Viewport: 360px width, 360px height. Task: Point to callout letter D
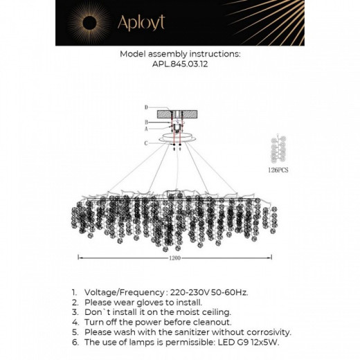point(146,107)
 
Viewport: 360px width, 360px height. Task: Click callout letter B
point(146,120)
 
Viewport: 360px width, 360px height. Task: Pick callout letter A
point(146,129)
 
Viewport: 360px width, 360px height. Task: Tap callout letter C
point(146,143)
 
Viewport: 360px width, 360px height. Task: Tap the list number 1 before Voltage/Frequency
point(73,293)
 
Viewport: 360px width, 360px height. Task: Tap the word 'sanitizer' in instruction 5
point(181,332)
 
